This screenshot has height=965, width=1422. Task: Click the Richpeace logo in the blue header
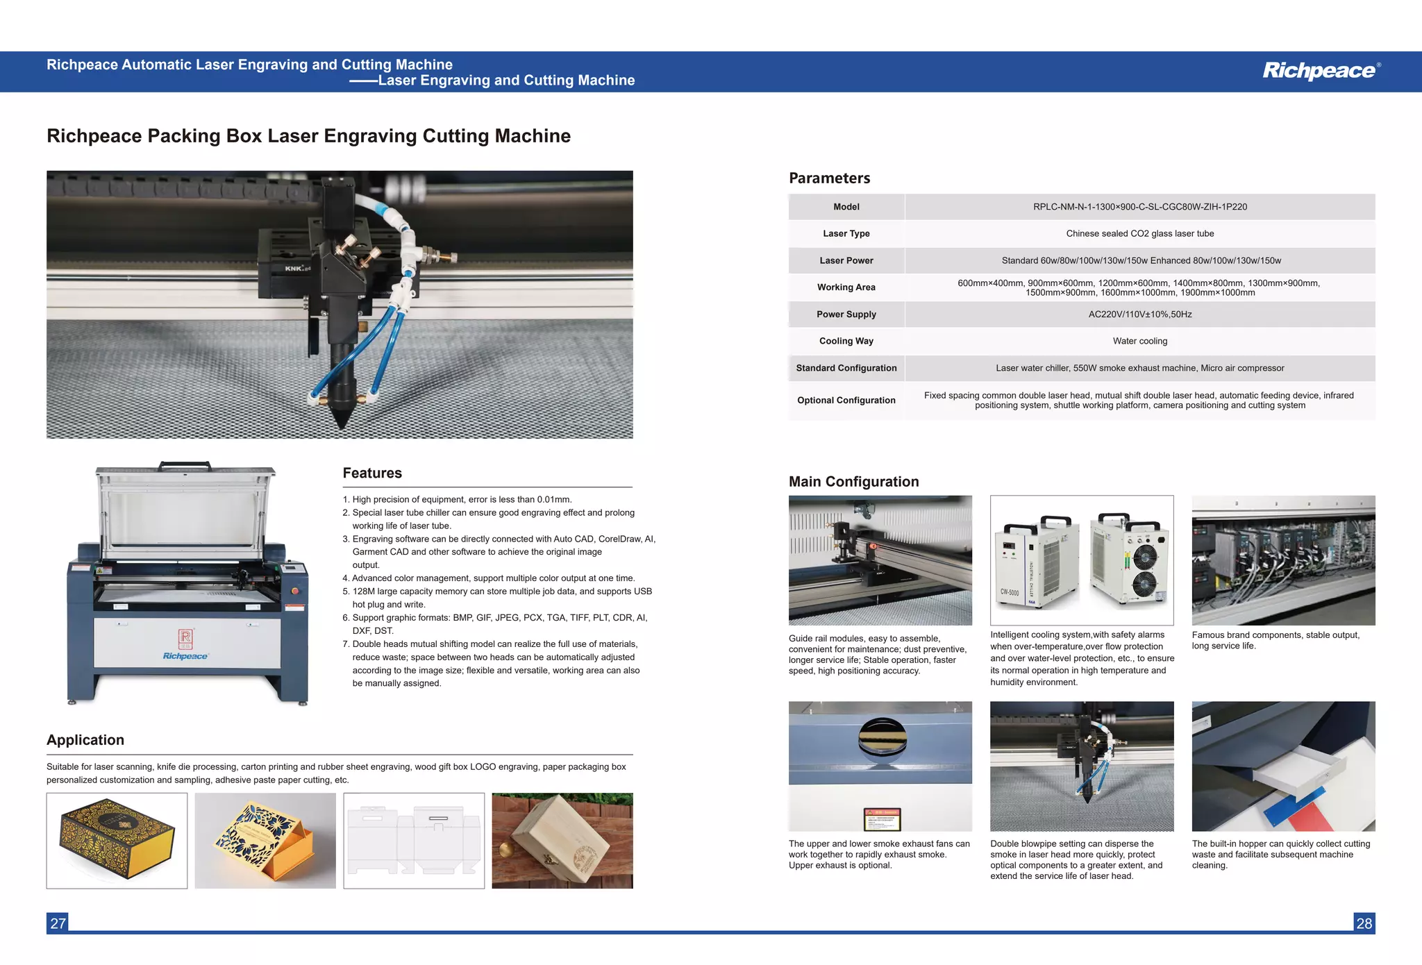(1320, 71)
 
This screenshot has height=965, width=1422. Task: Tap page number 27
(58, 923)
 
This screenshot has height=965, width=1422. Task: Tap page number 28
(1364, 923)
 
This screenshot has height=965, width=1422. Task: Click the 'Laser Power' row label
(846, 260)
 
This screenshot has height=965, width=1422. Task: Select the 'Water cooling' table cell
(1139, 341)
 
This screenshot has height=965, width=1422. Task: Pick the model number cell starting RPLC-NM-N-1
(1139, 207)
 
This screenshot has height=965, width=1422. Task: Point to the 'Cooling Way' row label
(846, 341)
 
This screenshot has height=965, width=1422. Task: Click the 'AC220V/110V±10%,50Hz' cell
(1139, 314)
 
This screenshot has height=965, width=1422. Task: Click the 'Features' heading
(372, 473)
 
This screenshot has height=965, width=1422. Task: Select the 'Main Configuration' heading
(853, 482)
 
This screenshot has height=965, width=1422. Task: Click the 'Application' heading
(85, 740)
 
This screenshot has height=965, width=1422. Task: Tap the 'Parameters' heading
(829, 178)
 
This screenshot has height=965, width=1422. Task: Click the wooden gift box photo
(562, 841)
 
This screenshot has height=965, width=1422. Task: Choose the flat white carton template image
(414, 841)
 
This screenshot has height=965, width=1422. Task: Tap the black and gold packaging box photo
(117, 841)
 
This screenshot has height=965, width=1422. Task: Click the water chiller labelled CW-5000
(1036, 562)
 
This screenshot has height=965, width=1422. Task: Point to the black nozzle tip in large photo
(342, 417)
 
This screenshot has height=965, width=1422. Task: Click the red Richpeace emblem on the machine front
(185, 638)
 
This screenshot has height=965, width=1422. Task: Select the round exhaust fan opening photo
(880, 766)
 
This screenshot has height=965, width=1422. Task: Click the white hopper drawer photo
(1283, 766)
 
